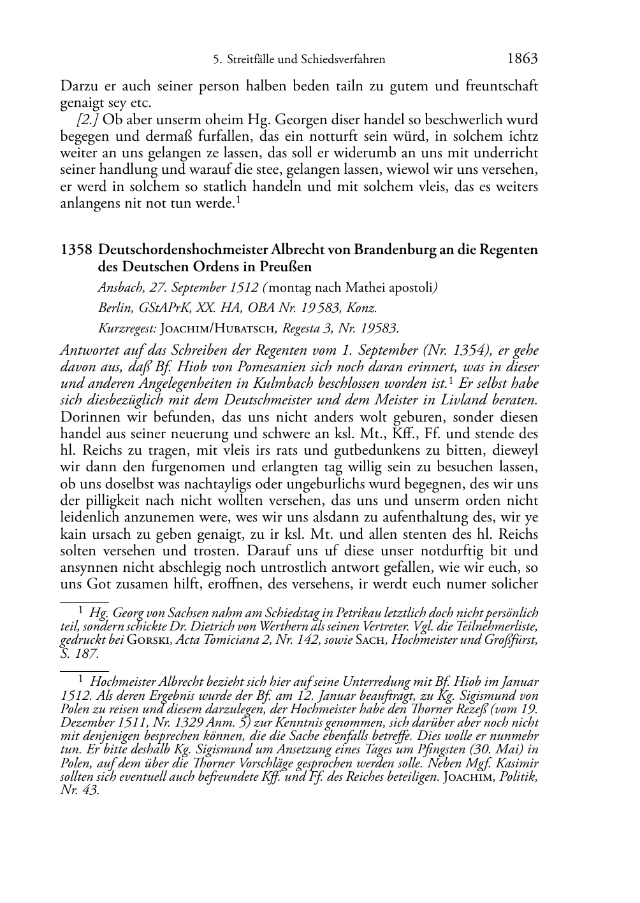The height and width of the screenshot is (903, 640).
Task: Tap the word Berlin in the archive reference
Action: (x=113, y=308)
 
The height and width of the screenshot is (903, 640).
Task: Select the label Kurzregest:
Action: (x=127, y=329)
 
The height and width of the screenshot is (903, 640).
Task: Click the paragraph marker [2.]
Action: (x=87, y=120)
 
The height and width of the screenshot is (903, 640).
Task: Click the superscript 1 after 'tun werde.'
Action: (x=237, y=200)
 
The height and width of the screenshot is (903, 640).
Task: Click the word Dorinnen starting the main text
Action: (x=87, y=417)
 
